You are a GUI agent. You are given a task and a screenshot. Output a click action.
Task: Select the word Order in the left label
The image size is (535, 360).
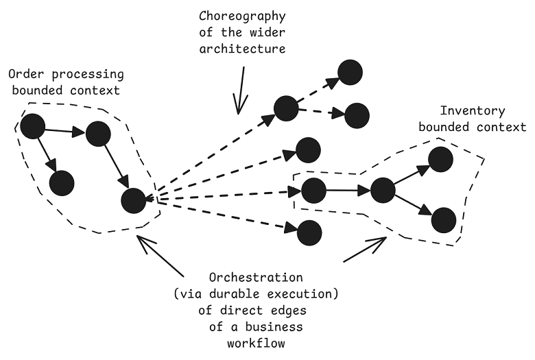tap(22, 73)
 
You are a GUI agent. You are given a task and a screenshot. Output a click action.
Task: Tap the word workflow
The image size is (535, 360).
tap(255, 343)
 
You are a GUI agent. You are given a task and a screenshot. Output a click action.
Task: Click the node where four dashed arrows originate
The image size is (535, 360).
tap(133, 200)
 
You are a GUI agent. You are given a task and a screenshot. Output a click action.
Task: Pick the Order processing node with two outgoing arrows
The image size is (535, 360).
tap(32, 126)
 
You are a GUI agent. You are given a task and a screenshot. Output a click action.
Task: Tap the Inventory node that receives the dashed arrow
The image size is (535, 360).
tap(313, 190)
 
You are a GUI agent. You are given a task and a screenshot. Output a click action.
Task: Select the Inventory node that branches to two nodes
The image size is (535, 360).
tap(383, 190)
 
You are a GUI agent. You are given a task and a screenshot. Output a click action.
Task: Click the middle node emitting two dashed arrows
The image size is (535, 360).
tap(285, 108)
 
